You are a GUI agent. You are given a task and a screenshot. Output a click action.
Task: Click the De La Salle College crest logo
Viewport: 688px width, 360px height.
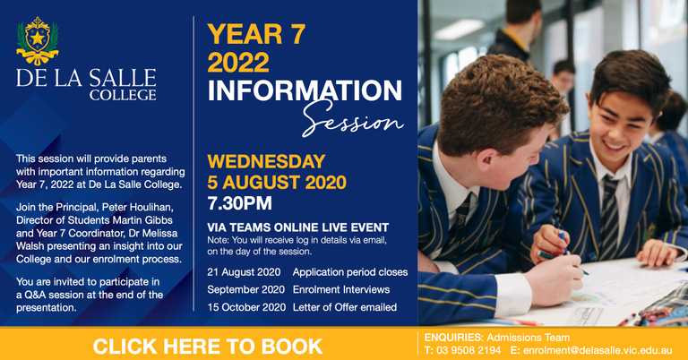pos(37,42)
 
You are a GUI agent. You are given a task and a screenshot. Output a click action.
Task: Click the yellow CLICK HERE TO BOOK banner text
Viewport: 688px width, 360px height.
pos(207,346)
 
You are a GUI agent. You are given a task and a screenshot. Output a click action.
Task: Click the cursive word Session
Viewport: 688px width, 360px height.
pos(352,116)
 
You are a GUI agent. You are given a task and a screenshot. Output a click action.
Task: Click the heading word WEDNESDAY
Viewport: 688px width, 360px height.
pos(266,162)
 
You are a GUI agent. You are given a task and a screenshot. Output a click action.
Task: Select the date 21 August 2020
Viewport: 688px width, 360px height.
pos(244,271)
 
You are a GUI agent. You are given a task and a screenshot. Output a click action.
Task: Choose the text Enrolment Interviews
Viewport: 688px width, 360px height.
pos(340,289)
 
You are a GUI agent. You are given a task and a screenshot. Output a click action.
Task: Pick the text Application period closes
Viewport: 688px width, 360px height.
pos(349,271)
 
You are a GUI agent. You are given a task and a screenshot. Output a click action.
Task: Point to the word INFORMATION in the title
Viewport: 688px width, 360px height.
pos(305,90)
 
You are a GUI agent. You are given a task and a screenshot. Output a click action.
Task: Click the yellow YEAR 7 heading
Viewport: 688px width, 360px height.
pos(256,35)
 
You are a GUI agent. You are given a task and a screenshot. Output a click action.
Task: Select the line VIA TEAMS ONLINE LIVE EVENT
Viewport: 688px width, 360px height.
pos(297,227)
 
